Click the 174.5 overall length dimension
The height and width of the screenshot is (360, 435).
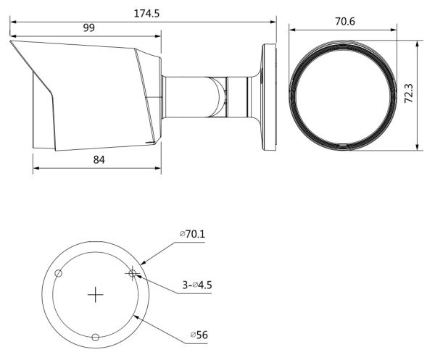[x=146, y=14]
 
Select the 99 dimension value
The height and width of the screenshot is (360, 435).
[x=88, y=28]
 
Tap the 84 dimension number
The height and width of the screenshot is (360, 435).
[x=99, y=160]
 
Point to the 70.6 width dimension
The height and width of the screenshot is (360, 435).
[x=345, y=22]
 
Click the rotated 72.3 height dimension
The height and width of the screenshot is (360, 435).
[x=409, y=93]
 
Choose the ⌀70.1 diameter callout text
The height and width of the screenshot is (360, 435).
[x=192, y=234]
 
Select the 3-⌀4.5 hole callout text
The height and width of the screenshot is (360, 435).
[x=197, y=285]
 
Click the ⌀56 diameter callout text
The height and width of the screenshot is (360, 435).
[x=199, y=335]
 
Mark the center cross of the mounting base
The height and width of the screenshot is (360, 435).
[x=96, y=295]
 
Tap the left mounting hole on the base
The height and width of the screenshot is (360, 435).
[x=58, y=274]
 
